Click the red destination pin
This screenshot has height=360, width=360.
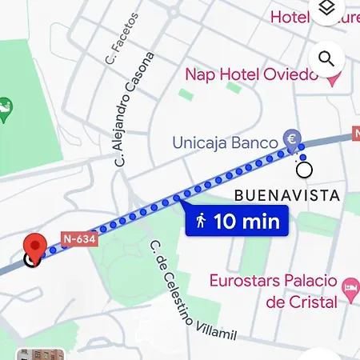[34, 246]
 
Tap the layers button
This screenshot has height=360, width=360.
[326, 10]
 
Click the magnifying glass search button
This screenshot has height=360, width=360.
[326, 58]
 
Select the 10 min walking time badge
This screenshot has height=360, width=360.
[237, 222]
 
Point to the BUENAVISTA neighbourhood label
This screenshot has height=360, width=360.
[287, 196]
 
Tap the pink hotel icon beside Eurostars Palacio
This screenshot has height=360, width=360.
[350, 286]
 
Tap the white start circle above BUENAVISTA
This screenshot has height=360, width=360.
[303, 170]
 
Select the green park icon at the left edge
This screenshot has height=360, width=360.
[4, 106]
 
